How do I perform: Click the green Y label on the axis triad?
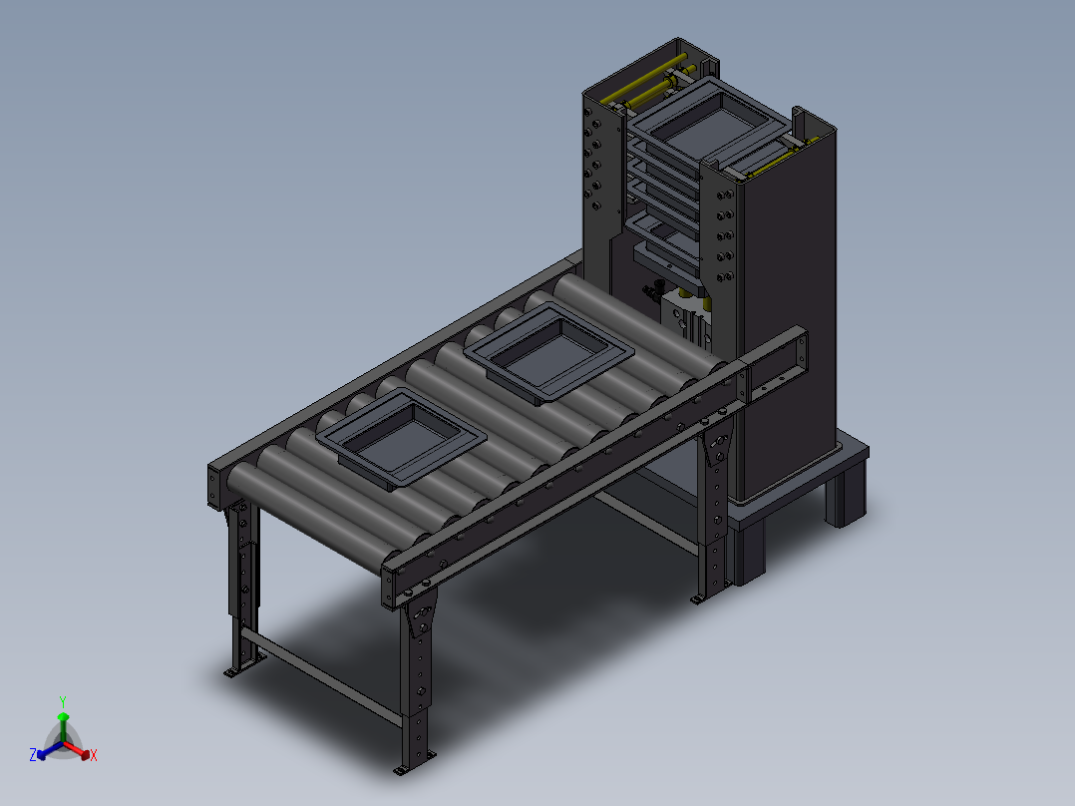point(63,701)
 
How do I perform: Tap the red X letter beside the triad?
point(94,756)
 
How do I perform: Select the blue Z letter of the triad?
point(33,755)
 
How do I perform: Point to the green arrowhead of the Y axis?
point(63,717)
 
